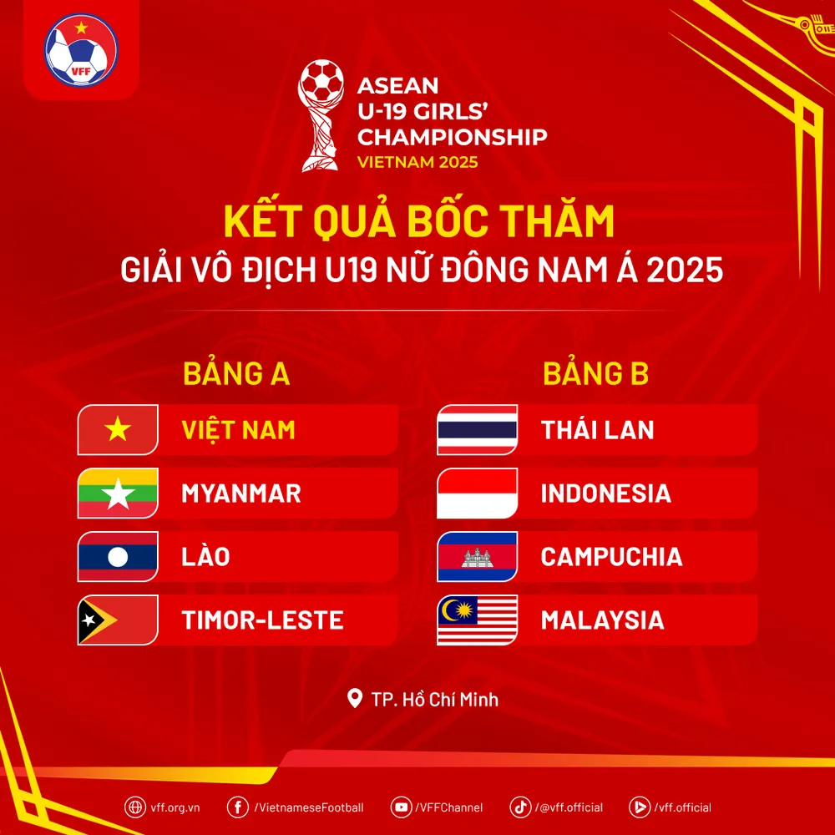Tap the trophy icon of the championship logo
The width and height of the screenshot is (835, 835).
(321, 113)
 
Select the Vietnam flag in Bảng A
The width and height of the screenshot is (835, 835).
(118, 430)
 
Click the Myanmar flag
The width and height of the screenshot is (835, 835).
(118, 493)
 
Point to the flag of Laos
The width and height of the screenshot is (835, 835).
(118, 557)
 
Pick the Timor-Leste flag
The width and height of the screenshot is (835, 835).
(118, 620)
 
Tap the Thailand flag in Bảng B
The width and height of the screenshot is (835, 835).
(478, 430)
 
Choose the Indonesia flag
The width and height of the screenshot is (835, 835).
(478, 493)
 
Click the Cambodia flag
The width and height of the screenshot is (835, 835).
(478, 557)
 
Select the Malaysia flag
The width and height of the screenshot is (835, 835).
(478, 620)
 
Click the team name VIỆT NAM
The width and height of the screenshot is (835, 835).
(239, 430)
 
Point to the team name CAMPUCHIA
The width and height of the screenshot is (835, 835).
(611, 557)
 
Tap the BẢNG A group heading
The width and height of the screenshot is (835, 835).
(236, 374)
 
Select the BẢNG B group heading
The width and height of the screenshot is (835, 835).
(595, 374)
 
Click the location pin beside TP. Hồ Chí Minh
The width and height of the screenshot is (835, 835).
(355, 698)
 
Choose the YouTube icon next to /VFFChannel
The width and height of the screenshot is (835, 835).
(402, 807)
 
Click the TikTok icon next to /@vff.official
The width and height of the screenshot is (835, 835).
(520, 807)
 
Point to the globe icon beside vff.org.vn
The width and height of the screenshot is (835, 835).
(134, 807)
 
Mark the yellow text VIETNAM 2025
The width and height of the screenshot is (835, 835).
(417, 162)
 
